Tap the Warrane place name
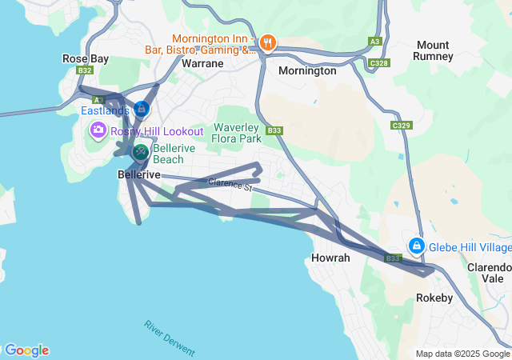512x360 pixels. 202,62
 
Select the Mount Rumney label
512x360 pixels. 432,50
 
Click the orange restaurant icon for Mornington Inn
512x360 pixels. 267,43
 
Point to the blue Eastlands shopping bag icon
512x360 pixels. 142,108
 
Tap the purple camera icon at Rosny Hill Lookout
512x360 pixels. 98,130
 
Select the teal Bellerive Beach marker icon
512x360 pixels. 141,151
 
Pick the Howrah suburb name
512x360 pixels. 329,258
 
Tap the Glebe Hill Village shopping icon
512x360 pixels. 416,246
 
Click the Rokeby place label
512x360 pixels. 434,298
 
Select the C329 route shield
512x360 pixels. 401,126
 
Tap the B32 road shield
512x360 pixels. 86,70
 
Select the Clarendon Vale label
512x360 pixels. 490,273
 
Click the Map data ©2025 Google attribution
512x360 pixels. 463,354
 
